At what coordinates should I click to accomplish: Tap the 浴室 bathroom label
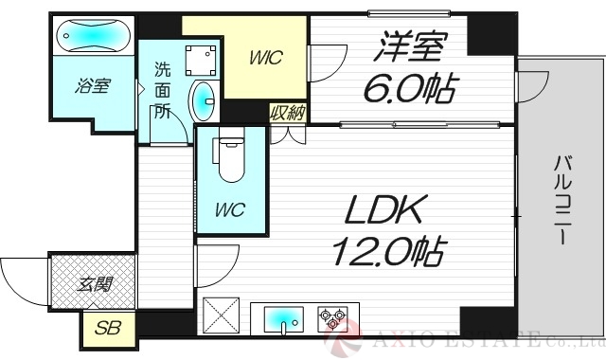[x=93, y=88]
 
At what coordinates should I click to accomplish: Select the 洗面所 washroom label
[x=162, y=91]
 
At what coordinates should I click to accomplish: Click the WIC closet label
[x=268, y=58]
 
